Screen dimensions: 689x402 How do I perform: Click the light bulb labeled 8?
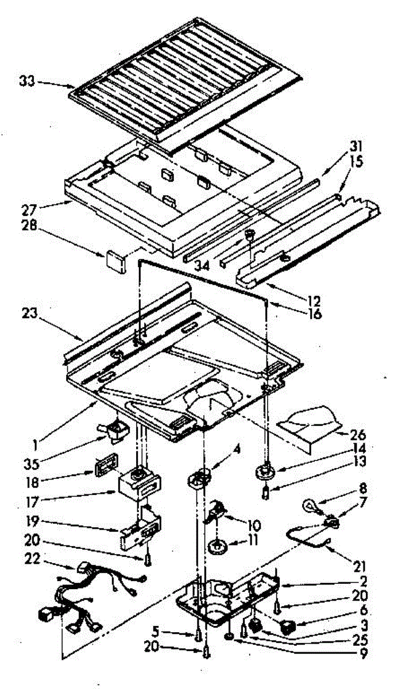311,507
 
